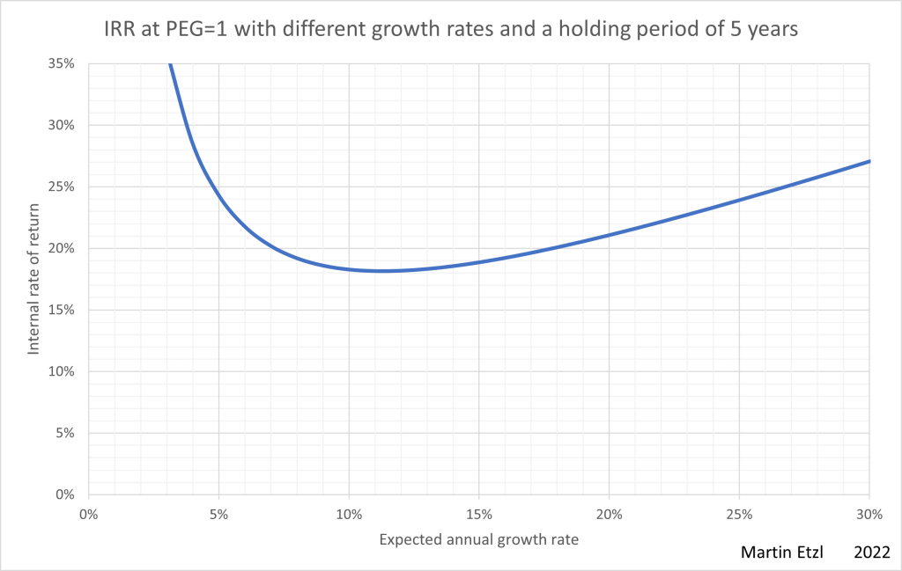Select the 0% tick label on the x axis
tap(88, 514)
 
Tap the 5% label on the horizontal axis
tap(218, 514)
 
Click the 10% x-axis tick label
tap(349, 514)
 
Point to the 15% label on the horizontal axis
tap(478, 514)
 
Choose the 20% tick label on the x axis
tap(609, 514)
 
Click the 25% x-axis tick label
tap(739, 514)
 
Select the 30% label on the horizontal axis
tap(869, 514)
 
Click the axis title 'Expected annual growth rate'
tap(478, 539)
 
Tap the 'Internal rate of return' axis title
tap(34, 278)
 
